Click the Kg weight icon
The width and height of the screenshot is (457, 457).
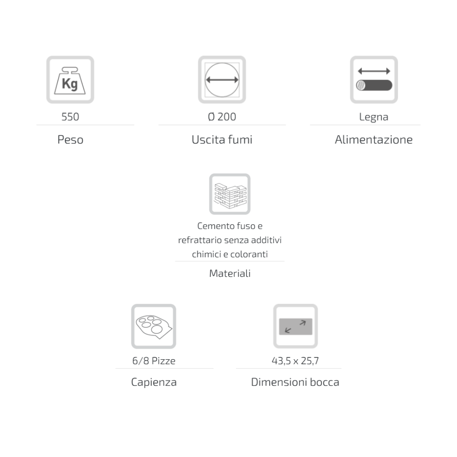[x=70, y=80]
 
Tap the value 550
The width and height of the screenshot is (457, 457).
[x=70, y=117]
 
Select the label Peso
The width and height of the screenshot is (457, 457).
[x=70, y=139]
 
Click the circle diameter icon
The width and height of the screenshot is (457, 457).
[x=222, y=80]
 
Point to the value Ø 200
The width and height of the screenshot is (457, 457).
[x=222, y=117]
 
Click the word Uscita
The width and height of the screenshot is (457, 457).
[x=208, y=139]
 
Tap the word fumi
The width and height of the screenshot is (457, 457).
[x=240, y=139]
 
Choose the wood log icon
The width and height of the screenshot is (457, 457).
[x=374, y=80]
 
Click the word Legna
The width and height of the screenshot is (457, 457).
[x=374, y=117]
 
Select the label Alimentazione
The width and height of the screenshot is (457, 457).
[x=374, y=139]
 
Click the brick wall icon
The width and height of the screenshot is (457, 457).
[x=230, y=194]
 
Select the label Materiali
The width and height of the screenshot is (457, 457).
[x=230, y=273]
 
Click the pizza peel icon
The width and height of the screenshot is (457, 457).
[x=154, y=326]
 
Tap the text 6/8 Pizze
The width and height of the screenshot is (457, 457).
[x=154, y=361]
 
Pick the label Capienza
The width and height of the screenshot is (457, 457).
[x=154, y=382]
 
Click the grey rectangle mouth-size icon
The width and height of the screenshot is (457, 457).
[x=296, y=326]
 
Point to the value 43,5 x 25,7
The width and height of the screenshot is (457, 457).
[x=295, y=361]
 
